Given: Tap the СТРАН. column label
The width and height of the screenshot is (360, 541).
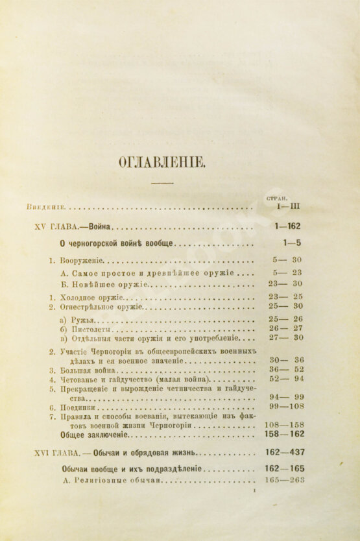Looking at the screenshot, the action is click(277, 197).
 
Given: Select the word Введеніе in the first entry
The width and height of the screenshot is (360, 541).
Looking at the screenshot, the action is click(45, 208).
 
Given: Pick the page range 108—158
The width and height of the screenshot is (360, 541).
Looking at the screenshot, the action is click(286, 426).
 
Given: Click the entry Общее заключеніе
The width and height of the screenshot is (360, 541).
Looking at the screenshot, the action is click(99, 435).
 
